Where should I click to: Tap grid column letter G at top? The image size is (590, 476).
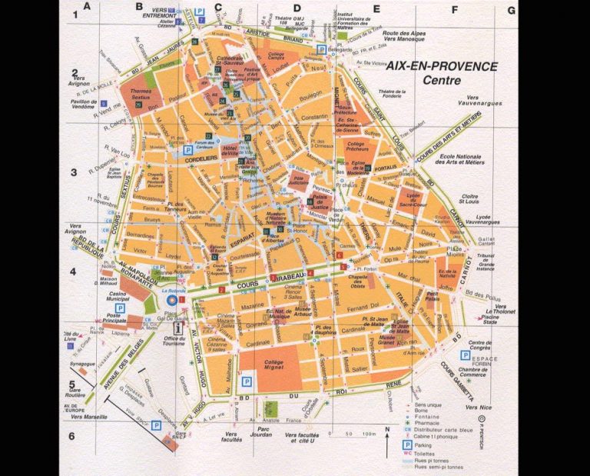[x=510, y=11]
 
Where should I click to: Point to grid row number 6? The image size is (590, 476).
[x=73, y=436]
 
